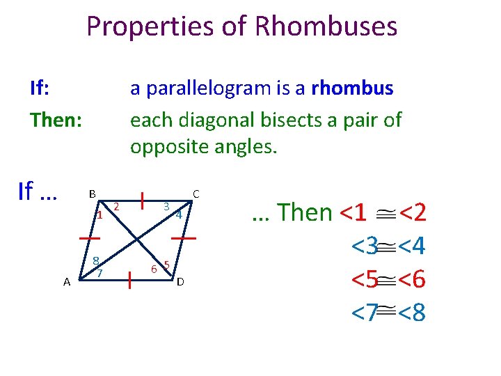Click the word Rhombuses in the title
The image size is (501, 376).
coord(326,27)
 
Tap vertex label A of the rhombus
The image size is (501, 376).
coord(66,281)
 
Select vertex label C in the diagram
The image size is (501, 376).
coord(196,193)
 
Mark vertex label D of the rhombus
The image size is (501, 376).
coord(180,281)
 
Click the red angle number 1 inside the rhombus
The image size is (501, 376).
coord(100,214)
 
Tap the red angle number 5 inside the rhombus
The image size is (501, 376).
coord(166,265)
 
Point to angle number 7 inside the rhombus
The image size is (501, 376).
coord(100,273)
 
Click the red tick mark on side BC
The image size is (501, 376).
coord(142,201)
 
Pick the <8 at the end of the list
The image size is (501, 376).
coord(411,313)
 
